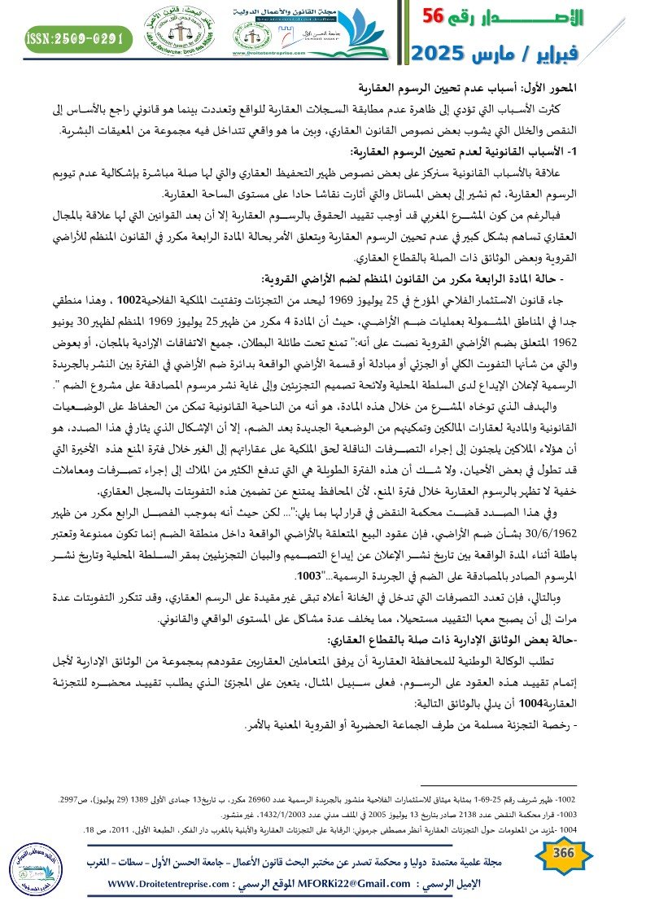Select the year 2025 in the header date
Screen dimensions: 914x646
(440, 55)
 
